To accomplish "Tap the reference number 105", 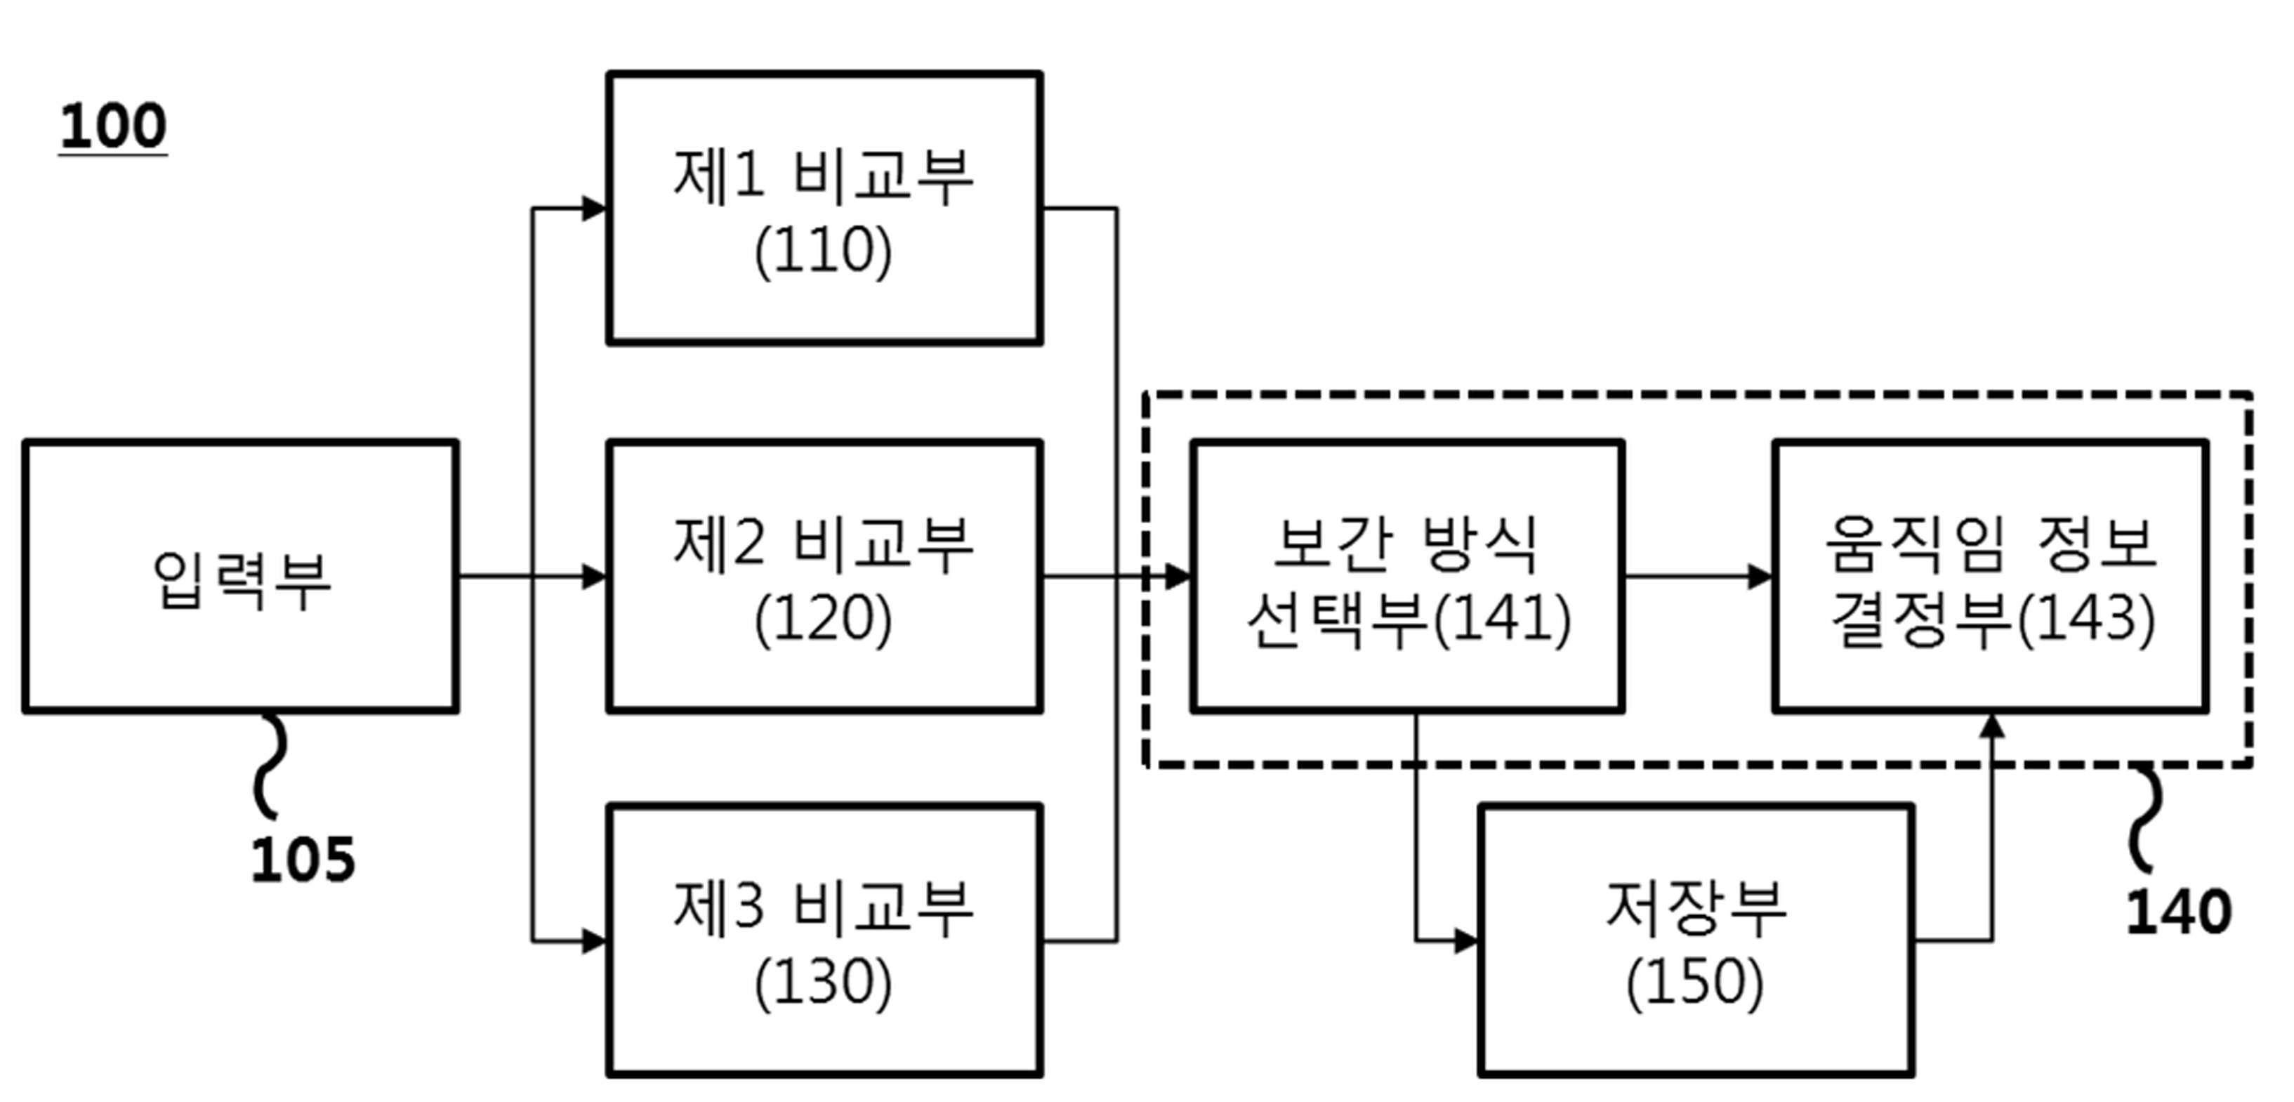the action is click(303, 860).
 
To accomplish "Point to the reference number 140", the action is click(2178, 912).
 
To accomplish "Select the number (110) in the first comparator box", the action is click(823, 251).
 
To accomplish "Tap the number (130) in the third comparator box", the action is click(823, 983).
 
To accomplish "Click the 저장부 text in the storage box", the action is click(1696, 909).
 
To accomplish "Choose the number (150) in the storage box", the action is click(1694, 983).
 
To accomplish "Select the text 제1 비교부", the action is click(823, 176).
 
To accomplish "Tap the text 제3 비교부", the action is click(823, 909).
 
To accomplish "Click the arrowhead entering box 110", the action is click(595, 209).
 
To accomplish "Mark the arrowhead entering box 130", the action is click(595, 940).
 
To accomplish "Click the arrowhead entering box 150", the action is click(1467, 940).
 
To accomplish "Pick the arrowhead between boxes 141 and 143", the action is click(1760, 577).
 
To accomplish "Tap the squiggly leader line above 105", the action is click(270, 766).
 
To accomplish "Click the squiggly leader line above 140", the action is click(2146, 818).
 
